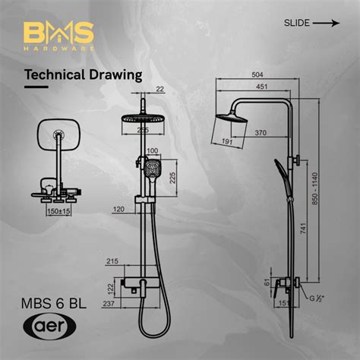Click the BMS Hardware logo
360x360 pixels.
(58, 35)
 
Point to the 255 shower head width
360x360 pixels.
(142, 130)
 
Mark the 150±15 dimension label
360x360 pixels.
(55, 211)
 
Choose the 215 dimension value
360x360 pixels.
(112, 262)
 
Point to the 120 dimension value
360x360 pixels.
(118, 208)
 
